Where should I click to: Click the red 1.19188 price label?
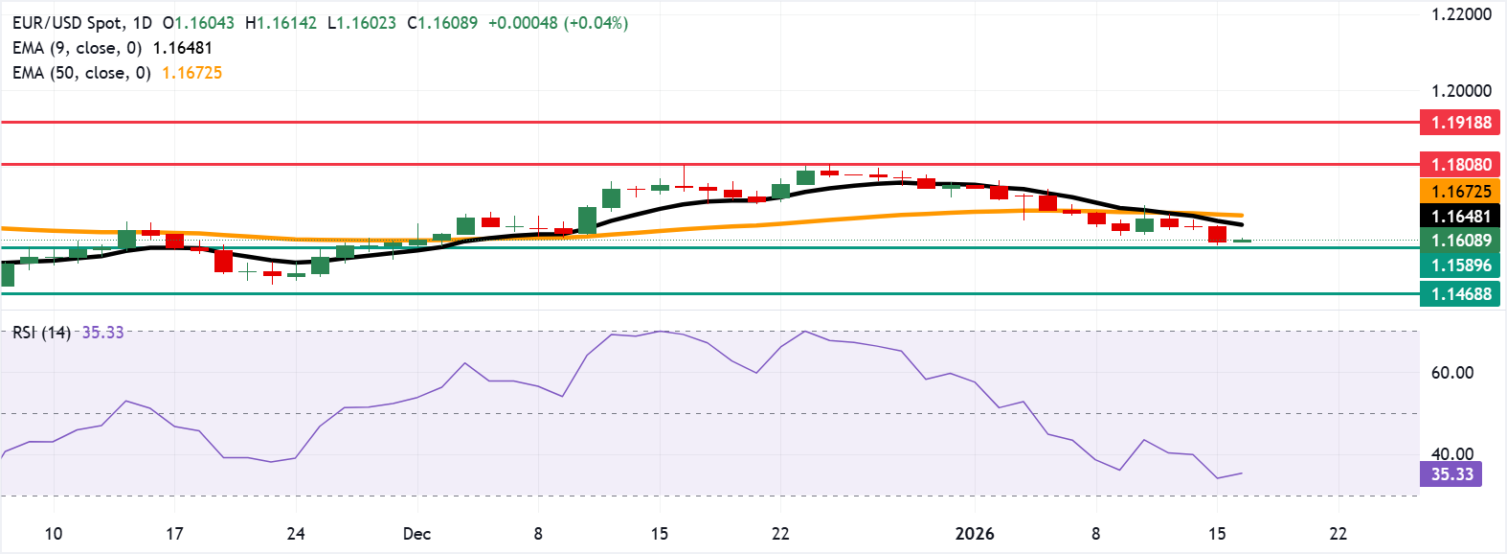tap(1460, 123)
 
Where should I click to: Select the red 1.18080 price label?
tap(1460, 165)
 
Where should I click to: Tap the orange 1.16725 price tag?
tap(1460, 192)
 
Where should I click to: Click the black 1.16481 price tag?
tap(1460, 217)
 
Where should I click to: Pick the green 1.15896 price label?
tap(1460, 265)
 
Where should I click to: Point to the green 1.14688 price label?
tap(1460, 294)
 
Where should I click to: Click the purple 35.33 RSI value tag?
tap(1451, 474)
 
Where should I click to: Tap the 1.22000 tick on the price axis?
tap(1461, 14)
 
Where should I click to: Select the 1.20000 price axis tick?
tap(1461, 91)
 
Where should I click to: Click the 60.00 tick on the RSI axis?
tap(1451, 373)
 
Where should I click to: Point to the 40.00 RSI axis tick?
tap(1451, 454)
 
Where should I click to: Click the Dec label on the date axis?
tap(416, 534)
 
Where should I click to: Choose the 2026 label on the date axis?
tap(975, 534)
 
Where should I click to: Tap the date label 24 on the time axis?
tap(296, 534)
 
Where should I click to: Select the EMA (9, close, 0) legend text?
tap(77, 48)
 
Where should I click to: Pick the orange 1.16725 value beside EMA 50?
tap(191, 73)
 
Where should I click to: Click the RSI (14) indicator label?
tap(41, 333)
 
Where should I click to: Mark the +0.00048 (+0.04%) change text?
tap(558, 22)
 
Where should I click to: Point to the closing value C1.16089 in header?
tap(441, 22)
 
